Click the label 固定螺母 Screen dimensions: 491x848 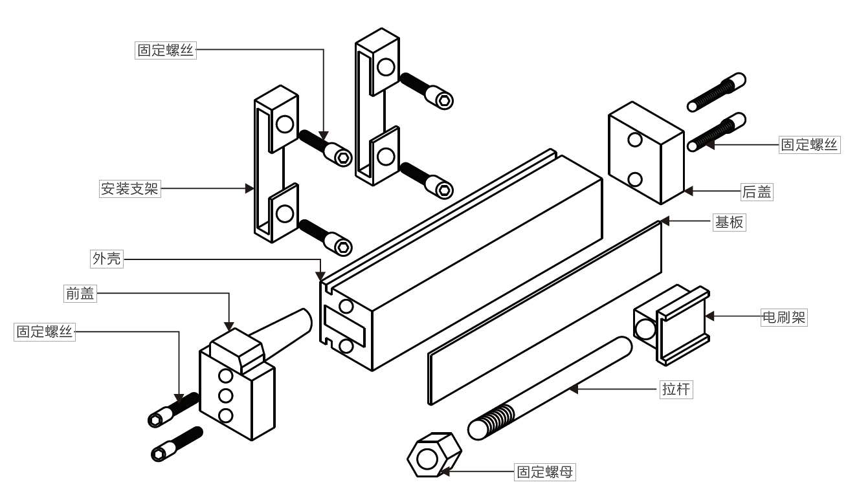point(544,472)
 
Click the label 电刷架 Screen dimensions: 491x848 point(783,317)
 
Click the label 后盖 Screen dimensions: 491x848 point(757,191)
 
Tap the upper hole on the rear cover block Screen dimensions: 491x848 point(634,140)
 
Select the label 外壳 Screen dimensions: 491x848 point(105,259)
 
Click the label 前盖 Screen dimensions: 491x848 point(80,293)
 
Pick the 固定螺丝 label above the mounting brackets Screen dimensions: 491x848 point(166,50)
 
